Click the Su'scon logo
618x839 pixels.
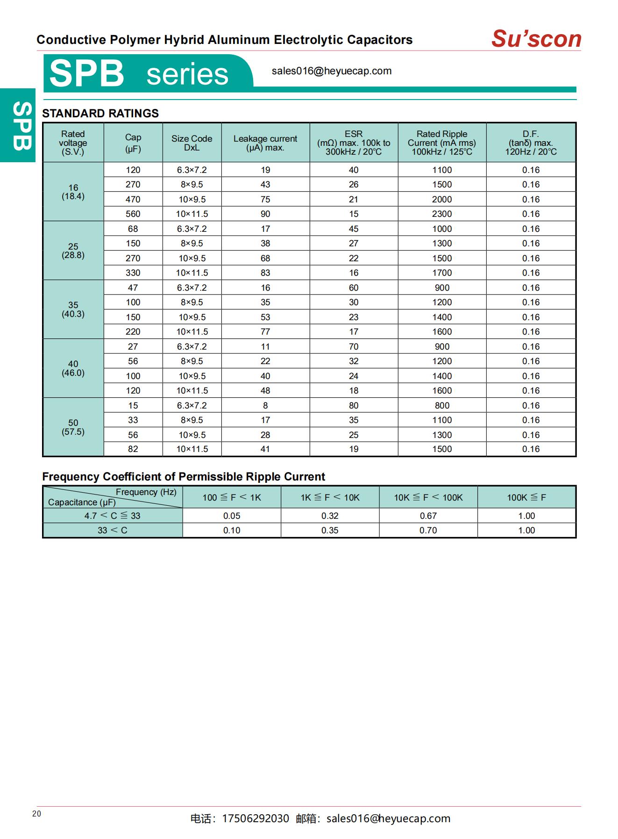536,39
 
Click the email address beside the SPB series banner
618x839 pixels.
331,71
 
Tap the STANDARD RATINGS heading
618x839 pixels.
100,114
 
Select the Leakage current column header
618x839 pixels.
265,143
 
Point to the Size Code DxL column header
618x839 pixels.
192,143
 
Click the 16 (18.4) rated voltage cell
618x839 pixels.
73,192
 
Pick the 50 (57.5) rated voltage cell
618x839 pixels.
73,427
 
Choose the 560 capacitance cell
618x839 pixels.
133,214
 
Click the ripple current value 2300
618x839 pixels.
441,214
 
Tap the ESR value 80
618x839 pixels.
354,405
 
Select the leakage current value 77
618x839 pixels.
265,332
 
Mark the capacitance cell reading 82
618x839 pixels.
133,449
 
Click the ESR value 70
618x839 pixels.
354,346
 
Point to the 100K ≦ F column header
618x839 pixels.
526,497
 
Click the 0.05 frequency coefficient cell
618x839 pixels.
232,516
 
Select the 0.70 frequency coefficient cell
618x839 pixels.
428,531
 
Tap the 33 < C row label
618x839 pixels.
112,531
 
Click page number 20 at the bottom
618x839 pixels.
37,814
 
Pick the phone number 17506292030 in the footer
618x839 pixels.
255,819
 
